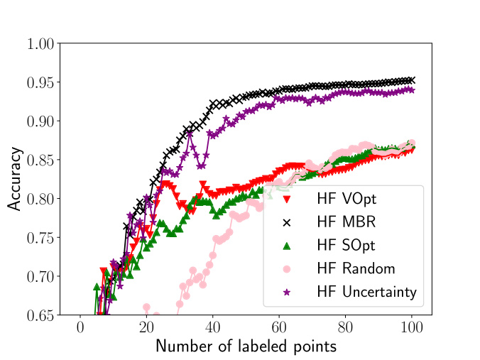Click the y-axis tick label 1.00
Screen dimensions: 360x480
point(40,44)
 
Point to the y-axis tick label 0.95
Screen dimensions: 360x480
point(40,82)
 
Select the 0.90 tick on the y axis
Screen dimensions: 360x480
point(40,121)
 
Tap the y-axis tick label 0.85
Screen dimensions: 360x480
point(40,160)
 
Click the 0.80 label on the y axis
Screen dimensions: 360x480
point(40,199)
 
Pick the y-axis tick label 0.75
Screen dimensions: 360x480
point(40,237)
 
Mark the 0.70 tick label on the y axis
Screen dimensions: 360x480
point(40,276)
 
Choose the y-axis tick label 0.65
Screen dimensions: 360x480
point(40,315)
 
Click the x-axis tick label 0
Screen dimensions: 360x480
point(80,327)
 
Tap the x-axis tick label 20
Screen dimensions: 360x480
point(146,327)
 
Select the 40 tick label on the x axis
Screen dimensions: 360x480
point(213,327)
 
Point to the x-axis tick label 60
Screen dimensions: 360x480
point(279,327)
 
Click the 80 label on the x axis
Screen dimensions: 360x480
point(346,327)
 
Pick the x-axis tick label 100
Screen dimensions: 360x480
point(412,327)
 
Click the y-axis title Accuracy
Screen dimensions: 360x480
point(15,179)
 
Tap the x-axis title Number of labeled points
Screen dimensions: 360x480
point(246,347)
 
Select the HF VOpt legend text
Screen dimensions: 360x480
point(351,199)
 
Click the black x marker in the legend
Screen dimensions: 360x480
point(288,222)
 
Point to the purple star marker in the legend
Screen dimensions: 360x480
point(288,292)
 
